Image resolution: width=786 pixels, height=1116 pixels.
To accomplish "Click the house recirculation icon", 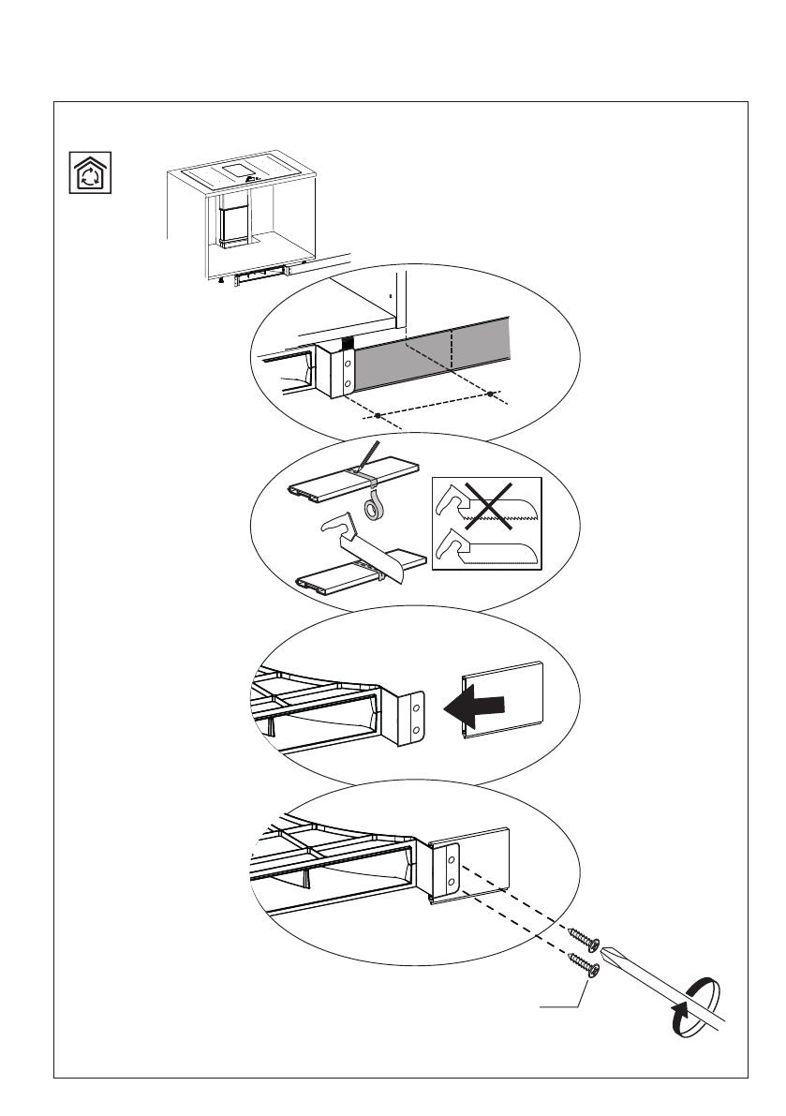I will (91, 173).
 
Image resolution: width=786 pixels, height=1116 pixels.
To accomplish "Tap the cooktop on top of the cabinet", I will (240, 172).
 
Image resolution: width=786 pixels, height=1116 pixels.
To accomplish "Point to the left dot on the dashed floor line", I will (377, 414).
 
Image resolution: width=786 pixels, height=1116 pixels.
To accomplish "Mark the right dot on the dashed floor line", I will (489, 394).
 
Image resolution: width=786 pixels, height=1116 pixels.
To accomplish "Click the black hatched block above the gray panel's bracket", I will (349, 340).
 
